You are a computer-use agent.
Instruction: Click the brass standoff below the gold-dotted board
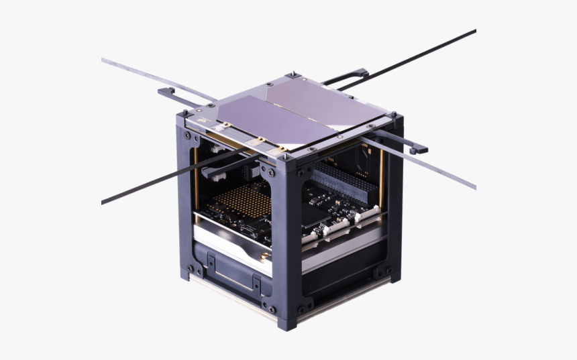(264, 255)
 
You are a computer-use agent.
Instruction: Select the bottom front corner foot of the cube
(286, 324)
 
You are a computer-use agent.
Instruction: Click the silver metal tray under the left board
(228, 241)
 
